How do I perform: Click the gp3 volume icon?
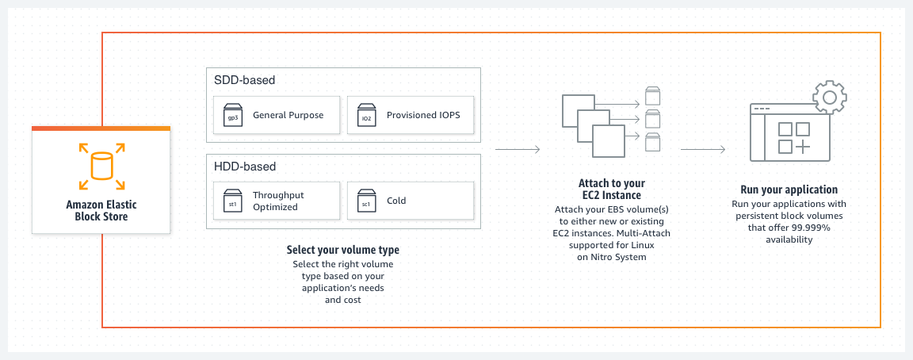[x=232, y=115]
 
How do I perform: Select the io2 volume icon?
[x=366, y=115]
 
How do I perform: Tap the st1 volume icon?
[x=232, y=201]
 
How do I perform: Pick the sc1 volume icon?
[x=366, y=201]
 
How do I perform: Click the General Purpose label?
[x=288, y=115]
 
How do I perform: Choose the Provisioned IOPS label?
[x=423, y=115]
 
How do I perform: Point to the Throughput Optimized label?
[x=278, y=201]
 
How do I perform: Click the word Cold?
[x=396, y=201]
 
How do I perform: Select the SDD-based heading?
[x=245, y=80]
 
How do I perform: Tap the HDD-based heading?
[x=245, y=167]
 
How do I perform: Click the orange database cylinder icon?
[x=101, y=167]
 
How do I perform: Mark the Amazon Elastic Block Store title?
[x=101, y=210]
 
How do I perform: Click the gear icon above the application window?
[x=830, y=98]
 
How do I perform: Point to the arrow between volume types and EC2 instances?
[x=518, y=149]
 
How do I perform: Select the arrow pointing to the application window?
[x=704, y=149]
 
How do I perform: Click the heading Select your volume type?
[x=342, y=251]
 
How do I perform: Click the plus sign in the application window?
[x=802, y=147]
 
